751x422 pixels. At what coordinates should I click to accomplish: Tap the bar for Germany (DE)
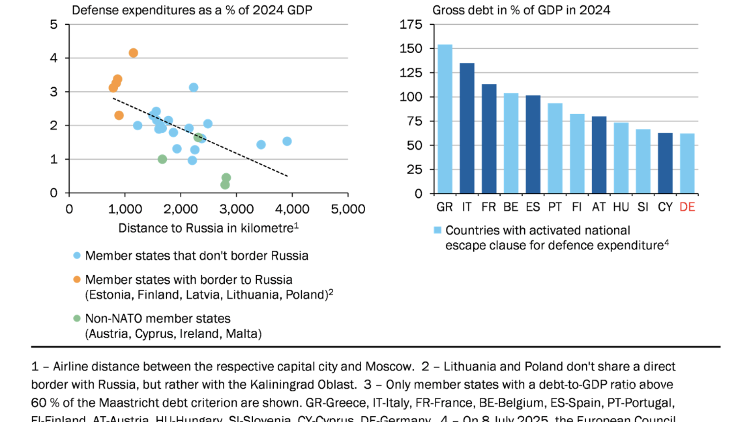pos(687,163)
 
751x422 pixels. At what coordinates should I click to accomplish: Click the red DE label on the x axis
pos(687,207)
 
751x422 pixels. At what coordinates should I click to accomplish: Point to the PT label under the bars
pos(555,207)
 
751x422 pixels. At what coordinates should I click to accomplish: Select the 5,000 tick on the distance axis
pos(348,209)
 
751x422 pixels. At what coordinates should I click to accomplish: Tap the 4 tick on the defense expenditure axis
pos(54,58)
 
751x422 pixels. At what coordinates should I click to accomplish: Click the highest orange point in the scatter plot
pos(133,53)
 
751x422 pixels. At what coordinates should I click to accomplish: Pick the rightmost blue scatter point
pos(287,141)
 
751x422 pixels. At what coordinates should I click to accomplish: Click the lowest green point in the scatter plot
pos(225,185)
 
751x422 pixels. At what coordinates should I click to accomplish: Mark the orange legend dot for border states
pos(76,279)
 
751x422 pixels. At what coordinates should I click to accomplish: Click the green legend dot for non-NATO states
pos(76,318)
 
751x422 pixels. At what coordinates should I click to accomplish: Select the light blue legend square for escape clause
pos(438,231)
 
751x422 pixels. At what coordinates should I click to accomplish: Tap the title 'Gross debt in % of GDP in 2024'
pos(521,10)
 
